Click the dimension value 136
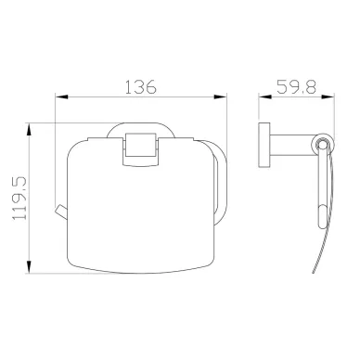pyautogui.click(x=141, y=87)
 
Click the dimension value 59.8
pyautogui.click(x=296, y=86)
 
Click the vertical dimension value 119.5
pyautogui.click(x=19, y=199)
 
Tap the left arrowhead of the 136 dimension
pyautogui.click(x=61, y=97)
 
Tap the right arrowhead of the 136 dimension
pyautogui.click(x=221, y=97)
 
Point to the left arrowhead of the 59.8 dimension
pyautogui.click(x=265, y=96)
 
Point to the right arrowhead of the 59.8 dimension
pyautogui.click(x=328, y=96)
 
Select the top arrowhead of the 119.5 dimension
pyautogui.click(x=29, y=130)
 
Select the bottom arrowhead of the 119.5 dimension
pyautogui.click(x=29, y=267)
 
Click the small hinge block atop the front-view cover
pyautogui.click(x=140, y=149)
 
